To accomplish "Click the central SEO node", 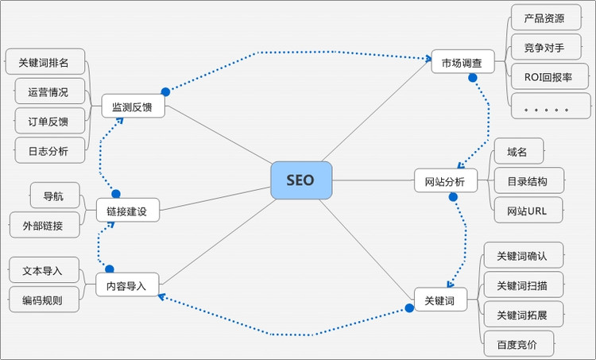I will [300, 180].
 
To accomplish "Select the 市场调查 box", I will [462, 61].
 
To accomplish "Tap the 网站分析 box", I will [445, 180].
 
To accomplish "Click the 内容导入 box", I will [127, 285].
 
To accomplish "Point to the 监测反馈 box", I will [133, 106].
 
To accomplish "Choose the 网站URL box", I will [528, 211].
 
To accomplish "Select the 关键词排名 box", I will [45, 62].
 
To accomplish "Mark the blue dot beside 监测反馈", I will [165, 91].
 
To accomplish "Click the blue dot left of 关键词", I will [409, 308].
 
